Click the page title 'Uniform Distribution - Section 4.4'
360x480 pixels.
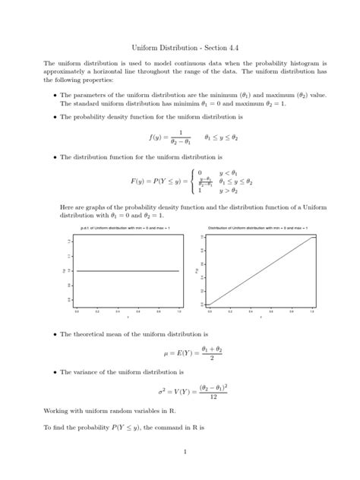[179, 47]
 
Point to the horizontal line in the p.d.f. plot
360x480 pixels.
[127, 270]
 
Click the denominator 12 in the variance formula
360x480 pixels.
[215, 397]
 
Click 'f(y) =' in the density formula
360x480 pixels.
[159, 137]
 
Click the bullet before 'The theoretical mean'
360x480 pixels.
[55, 334]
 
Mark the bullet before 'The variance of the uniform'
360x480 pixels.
[55, 373]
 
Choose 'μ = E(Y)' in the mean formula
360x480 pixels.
[177, 353]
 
